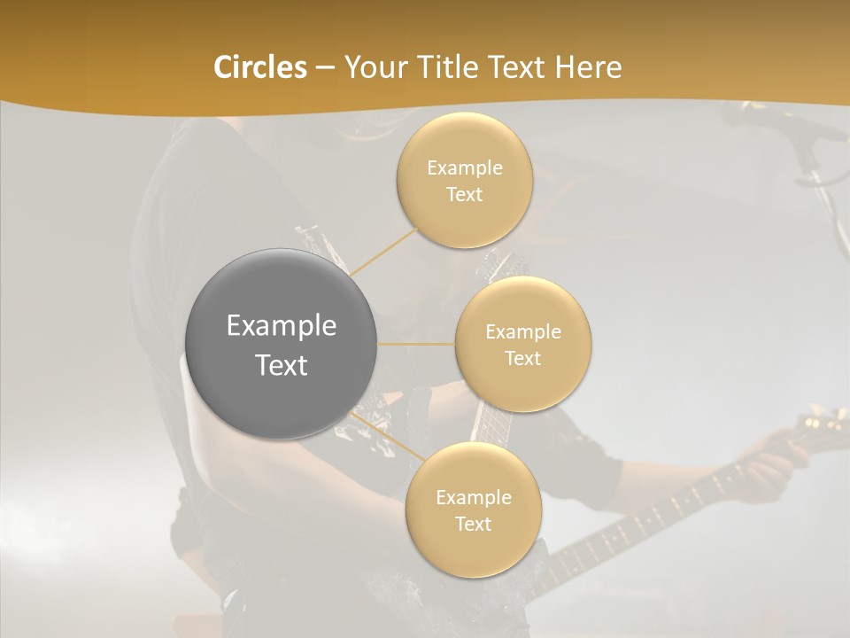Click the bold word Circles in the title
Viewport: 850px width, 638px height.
pos(259,67)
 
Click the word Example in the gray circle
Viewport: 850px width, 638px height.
pos(282,326)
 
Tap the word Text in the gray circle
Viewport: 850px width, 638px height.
pos(282,365)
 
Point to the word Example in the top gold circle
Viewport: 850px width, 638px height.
pos(465,168)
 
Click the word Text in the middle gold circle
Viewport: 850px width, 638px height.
pos(523,358)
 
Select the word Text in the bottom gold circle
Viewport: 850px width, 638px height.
pos(474,524)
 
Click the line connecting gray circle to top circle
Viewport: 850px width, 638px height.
pos(384,250)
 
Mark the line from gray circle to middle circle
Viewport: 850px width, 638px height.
pos(416,344)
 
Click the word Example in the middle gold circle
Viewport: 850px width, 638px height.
pos(523,331)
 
